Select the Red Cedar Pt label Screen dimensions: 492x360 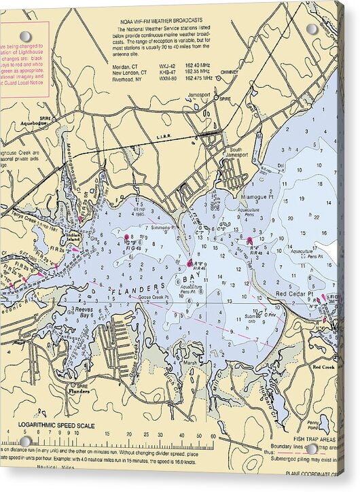tap(293, 294)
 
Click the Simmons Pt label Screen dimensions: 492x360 tap(163, 227)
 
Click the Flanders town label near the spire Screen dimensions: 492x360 tap(80, 391)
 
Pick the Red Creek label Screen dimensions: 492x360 tap(323, 366)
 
